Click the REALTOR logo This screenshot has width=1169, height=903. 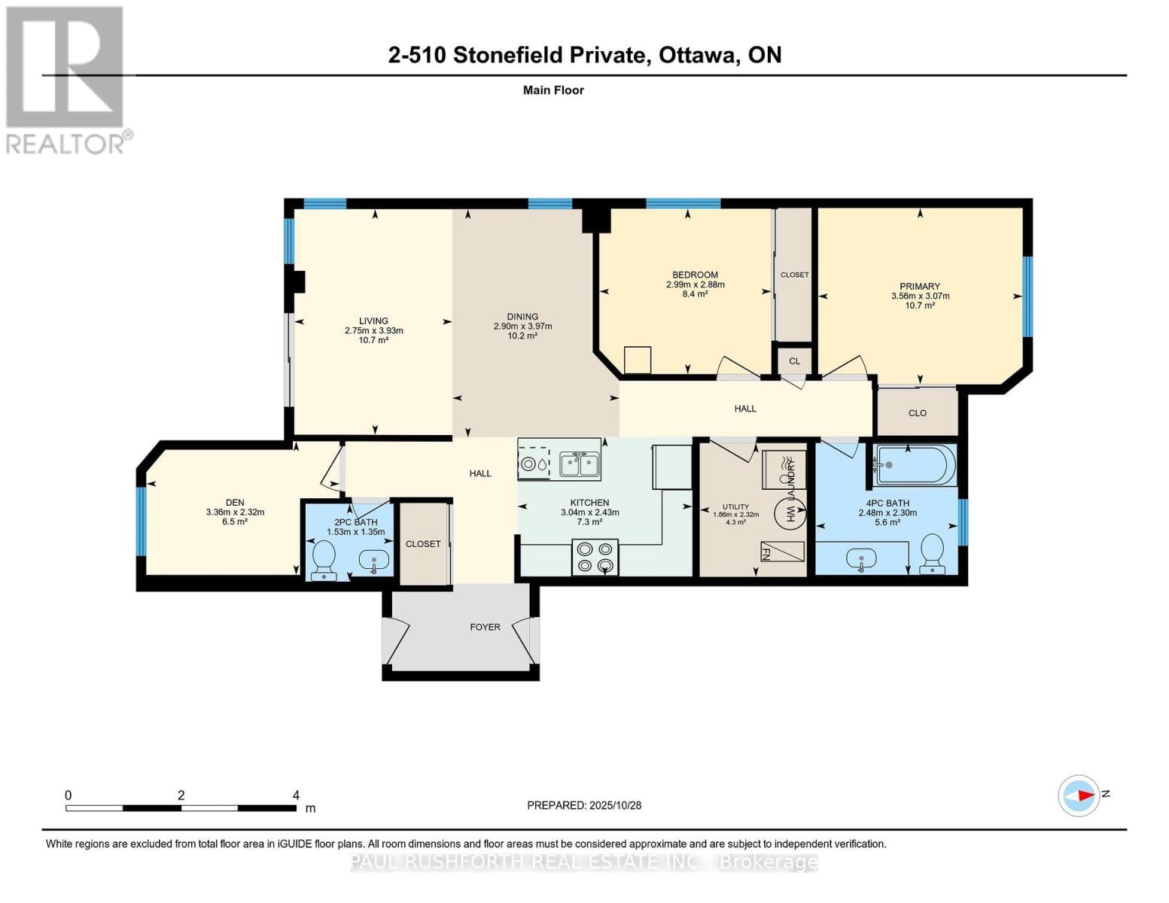click(x=66, y=80)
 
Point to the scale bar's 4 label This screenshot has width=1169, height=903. click(x=296, y=795)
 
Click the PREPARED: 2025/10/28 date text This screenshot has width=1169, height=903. click(x=584, y=805)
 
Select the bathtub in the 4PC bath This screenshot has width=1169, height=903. click(x=915, y=465)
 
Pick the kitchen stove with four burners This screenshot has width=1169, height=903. click(x=595, y=558)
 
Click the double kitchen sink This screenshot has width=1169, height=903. click(x=580, y=464)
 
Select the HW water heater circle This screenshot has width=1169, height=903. click(x=790, y=512)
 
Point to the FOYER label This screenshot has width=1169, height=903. click(x=485, y=627)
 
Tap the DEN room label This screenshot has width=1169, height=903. click(x=235, y=503)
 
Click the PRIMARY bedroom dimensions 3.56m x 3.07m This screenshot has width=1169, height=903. click(x=920, y=296)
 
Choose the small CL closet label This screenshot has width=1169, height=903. click(x=794, y=361)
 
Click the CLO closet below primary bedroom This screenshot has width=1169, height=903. click(x=917, y=413)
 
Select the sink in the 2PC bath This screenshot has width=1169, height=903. click(x=374, y=560)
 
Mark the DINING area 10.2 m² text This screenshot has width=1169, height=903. click(x=522, y=336)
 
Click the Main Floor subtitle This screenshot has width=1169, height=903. click(x=553, y=90)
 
